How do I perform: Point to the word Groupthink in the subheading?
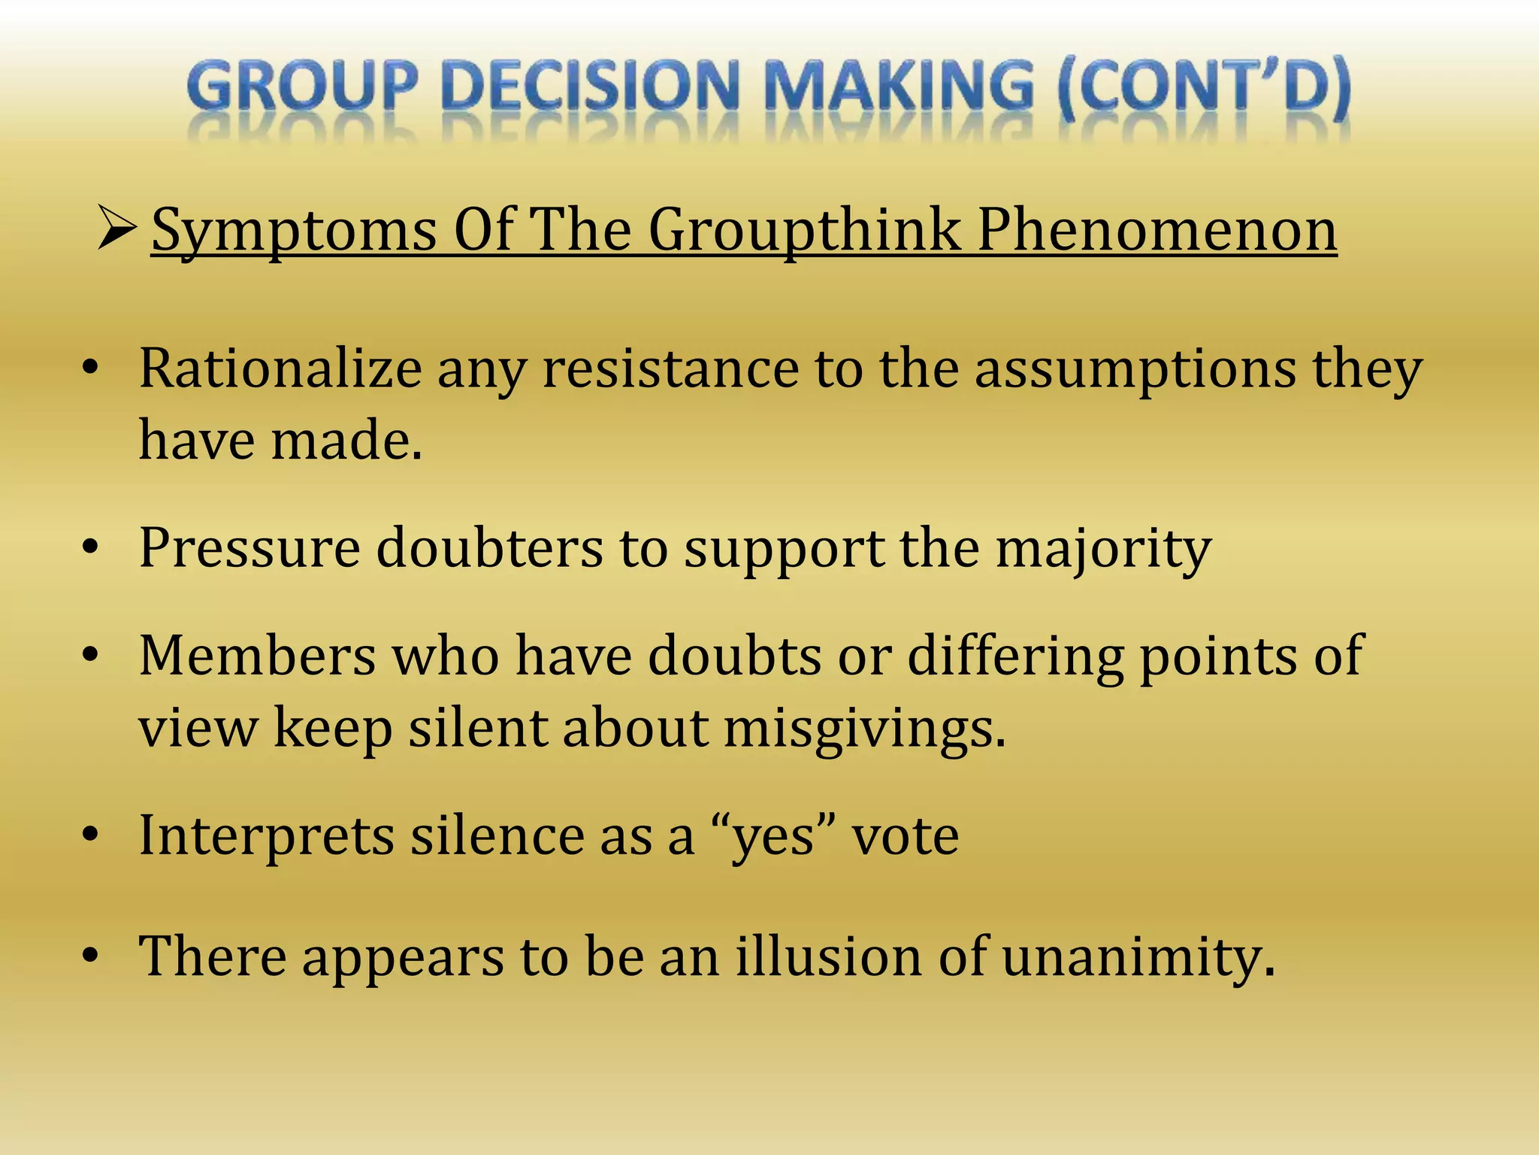coord(805,229)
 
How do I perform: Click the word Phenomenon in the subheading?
coord(1157,229)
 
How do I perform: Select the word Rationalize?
coord(280,368)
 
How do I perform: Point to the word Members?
coord(257,656)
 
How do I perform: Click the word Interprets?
coord(267,836)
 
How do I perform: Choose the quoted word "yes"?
coord(774,836)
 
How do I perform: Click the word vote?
coord(905,836)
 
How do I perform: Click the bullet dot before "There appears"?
coord(91,956)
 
